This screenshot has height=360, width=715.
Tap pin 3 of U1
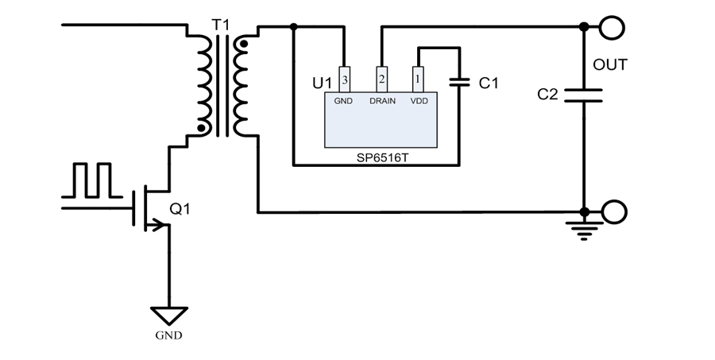[x=344, y=79]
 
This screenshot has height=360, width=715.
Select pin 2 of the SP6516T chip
[x=382, y=79]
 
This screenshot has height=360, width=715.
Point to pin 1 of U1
[x=419, y=79]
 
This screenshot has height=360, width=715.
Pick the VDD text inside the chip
[x=419, y=101]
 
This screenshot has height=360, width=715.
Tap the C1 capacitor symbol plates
[x=459, y=81]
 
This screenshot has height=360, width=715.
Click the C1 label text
[x=489, y=82]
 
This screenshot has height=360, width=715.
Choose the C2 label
[x=548, y=95]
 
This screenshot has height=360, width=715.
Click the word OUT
[x=610, y=64]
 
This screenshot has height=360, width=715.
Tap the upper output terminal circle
[x=613, y=28]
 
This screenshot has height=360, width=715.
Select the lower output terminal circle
[x=614, y=212]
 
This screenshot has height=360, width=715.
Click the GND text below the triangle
[x=168, y=335]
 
